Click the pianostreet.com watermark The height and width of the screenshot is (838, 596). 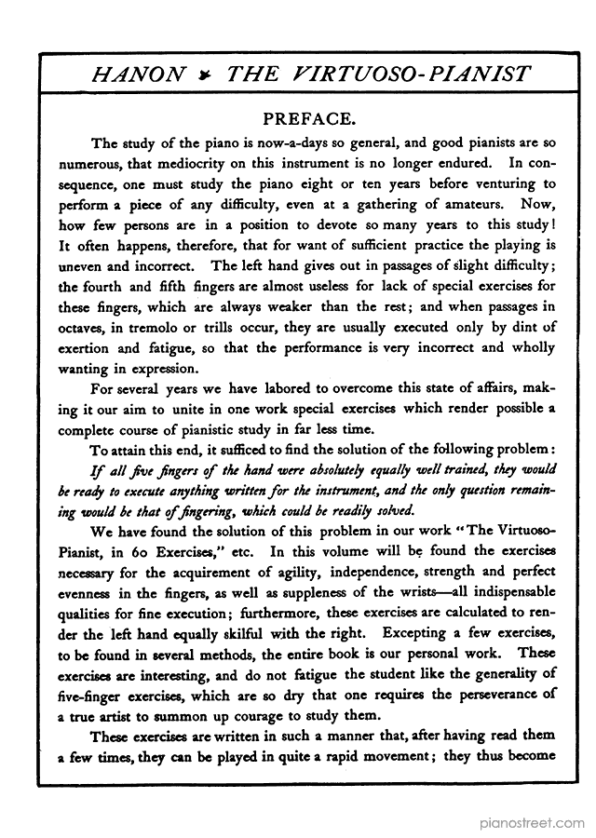pos(535,823)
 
